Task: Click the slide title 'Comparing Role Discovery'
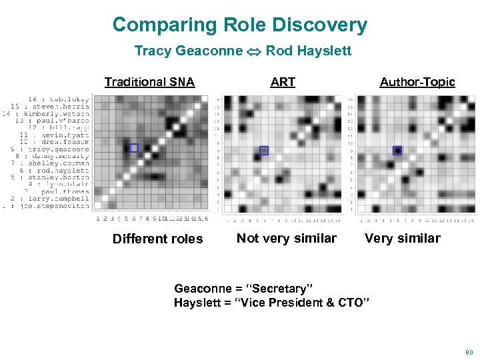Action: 239,25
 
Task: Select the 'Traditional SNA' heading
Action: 149,82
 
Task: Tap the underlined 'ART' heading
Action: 283,82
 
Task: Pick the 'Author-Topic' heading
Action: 417,82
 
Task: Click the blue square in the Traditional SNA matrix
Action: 133,148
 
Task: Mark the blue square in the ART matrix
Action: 263,151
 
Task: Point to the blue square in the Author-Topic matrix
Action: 397,151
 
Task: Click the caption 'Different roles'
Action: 157,239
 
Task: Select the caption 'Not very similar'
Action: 287,238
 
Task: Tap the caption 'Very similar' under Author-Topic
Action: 402,238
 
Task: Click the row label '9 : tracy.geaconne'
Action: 49,150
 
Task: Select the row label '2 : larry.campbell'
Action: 51,199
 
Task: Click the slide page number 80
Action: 469,351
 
